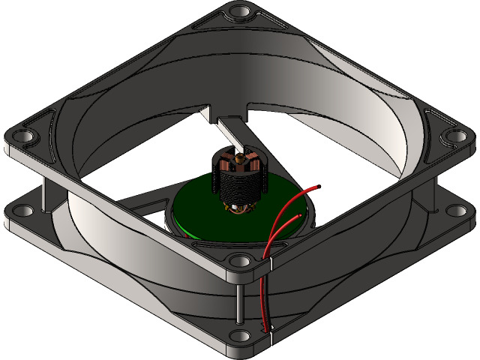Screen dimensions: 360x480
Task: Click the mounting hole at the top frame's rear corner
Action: (x=240, y=13)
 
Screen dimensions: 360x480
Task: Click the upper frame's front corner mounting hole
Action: (x=240, y=261)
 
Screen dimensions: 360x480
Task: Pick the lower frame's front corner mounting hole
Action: (x=240, y=337)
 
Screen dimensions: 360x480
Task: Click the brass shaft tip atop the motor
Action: (x=239, y=159)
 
